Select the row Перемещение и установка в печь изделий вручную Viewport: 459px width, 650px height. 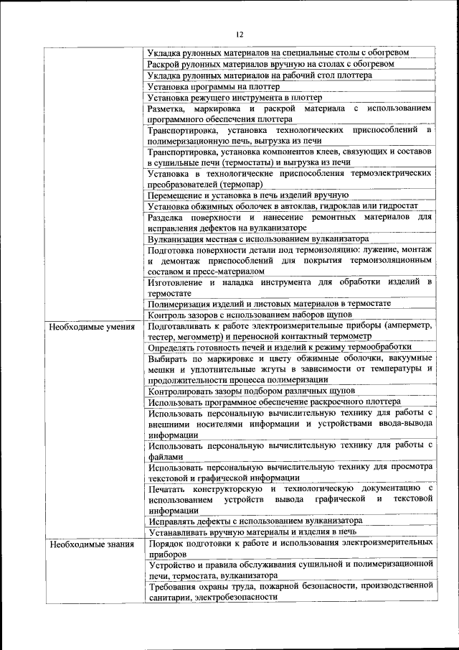(248, 194)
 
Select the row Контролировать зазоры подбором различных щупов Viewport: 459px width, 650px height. (250, 391)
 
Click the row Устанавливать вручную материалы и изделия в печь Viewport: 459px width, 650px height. (252, 531)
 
